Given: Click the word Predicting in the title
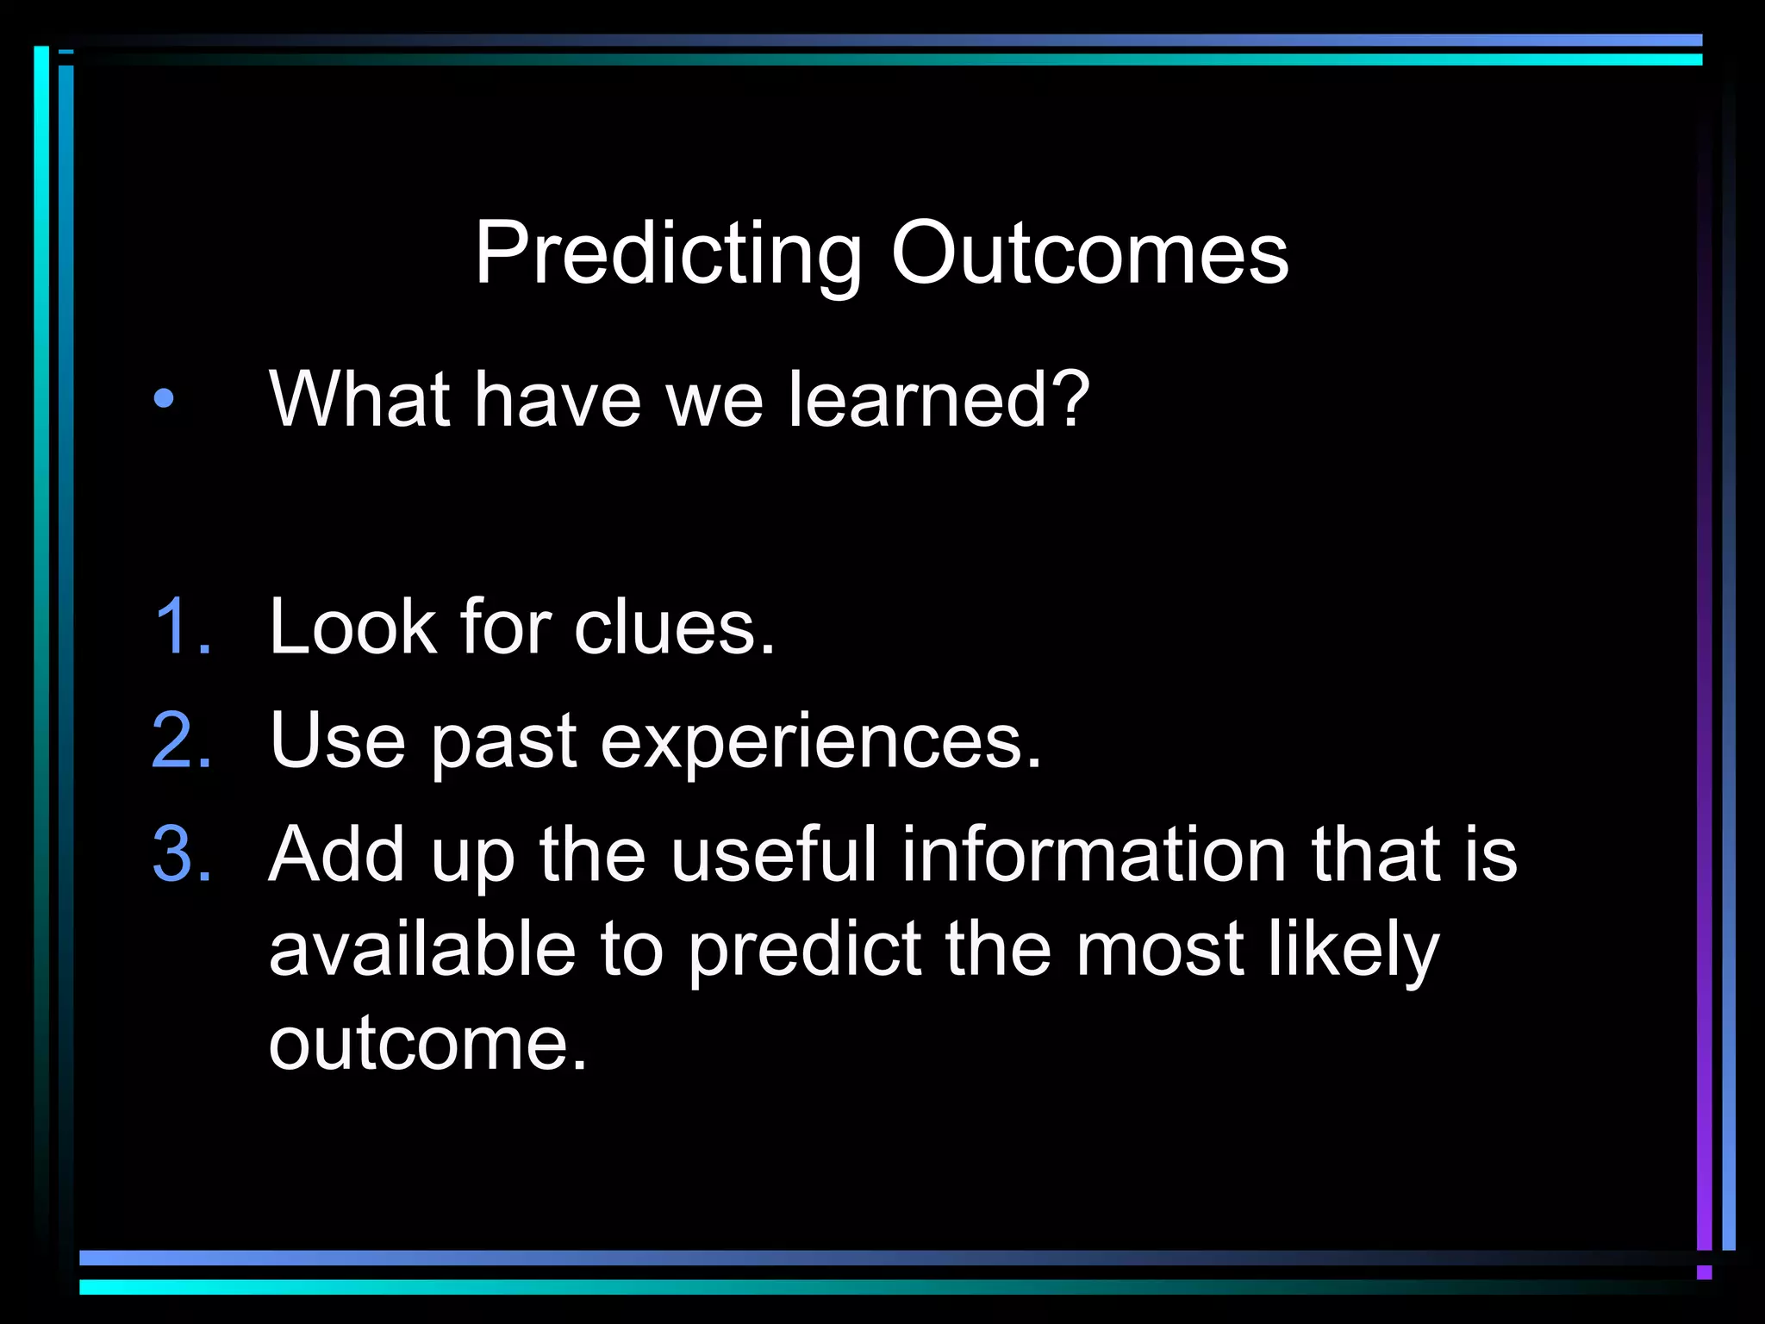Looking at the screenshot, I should [x=668, y=254].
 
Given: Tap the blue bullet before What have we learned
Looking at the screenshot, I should [x=164, y=399].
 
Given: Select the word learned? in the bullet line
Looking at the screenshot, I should [x=939, y=398].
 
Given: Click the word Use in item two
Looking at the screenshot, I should [x=337, y=740].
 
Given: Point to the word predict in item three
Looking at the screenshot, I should [x=805, y=951].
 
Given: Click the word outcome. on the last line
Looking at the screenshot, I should [x=427, y=1044].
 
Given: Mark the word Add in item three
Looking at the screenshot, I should [x=336, y=854].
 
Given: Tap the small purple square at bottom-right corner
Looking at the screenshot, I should [x=1704, y=1272].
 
